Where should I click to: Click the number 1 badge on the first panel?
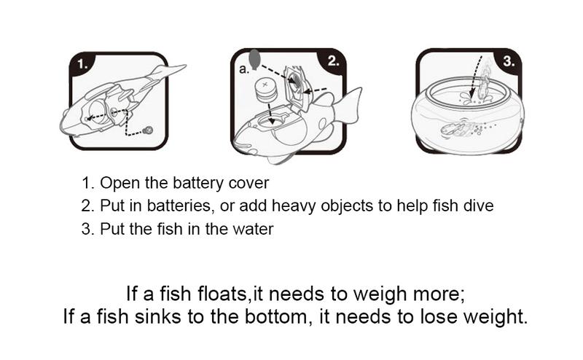click(83, 63)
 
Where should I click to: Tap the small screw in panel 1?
click(149, 130)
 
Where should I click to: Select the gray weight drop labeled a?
click(254, 57)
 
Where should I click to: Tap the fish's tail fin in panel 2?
click(348, 106)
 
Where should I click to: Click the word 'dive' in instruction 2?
click(478, 206)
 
